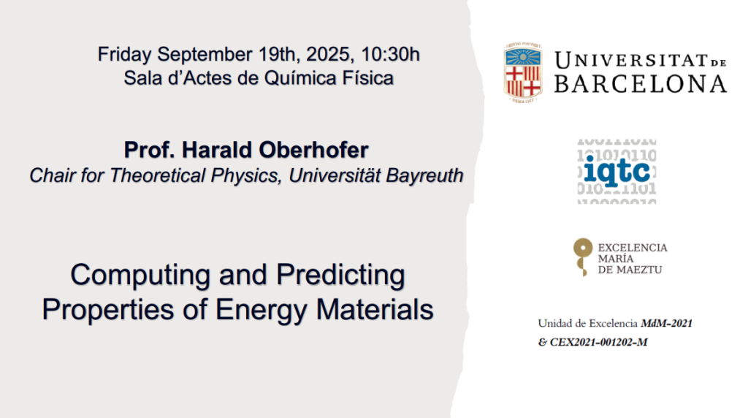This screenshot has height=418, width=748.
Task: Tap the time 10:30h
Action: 390,54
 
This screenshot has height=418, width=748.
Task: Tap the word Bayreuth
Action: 424,175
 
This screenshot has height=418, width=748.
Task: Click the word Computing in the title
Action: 140,275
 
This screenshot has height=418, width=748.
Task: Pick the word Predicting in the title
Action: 340,275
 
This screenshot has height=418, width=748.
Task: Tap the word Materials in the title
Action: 375,309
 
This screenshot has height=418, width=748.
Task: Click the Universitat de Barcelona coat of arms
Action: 523,72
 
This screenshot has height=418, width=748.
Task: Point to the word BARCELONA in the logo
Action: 641,84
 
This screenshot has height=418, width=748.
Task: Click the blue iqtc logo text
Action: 617,170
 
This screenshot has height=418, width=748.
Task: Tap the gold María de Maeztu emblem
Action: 582,256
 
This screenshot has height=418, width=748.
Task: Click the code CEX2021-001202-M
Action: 599,342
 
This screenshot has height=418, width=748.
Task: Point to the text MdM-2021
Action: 666,324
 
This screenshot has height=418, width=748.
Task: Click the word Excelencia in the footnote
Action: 613,324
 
